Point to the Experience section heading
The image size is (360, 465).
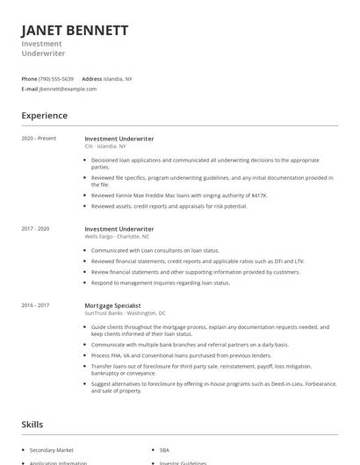[44, 116]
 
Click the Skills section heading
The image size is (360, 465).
[32, 425]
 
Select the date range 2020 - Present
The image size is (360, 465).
[39, 139]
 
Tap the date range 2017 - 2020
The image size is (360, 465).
[35, 228]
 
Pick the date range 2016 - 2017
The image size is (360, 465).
[35, 305]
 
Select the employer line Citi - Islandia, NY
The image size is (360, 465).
[105, 147]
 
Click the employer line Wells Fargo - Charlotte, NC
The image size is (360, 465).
[117, 236]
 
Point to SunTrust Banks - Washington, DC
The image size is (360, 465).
[125, 313]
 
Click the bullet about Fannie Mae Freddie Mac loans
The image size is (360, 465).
[167, 196]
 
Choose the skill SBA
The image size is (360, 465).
[164, 450]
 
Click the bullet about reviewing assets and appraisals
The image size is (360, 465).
[169, 206]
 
